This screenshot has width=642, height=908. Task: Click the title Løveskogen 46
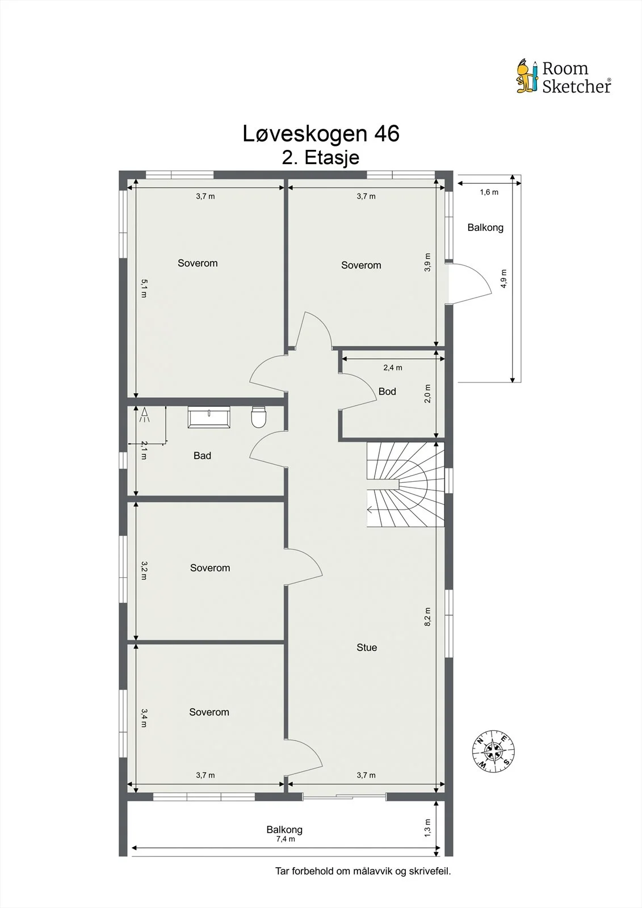point(321,133)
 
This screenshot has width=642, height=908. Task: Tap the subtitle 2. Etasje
point(320,157)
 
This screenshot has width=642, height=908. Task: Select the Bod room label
point(387,392)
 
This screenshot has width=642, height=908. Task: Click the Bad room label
point(202,456)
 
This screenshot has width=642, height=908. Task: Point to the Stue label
point(367,648)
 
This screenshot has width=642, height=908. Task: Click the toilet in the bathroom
point(258,417)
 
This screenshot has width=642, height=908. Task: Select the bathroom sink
point(209,417)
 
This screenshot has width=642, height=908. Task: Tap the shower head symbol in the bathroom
point(144,414)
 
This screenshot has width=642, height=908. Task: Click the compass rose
point(493,751)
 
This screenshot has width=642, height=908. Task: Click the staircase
point(405,485)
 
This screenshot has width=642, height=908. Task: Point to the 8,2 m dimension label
point(427,616)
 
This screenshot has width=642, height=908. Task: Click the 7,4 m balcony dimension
point(286,839)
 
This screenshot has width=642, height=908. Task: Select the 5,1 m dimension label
point(144,288)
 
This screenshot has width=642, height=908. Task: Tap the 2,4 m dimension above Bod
point(393,368)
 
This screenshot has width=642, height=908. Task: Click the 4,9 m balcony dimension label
point(503,279)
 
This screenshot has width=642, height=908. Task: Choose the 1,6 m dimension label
point(489,192)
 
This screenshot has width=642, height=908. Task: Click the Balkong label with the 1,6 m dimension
point(485,228)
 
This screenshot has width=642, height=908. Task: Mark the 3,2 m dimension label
point(144,571)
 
